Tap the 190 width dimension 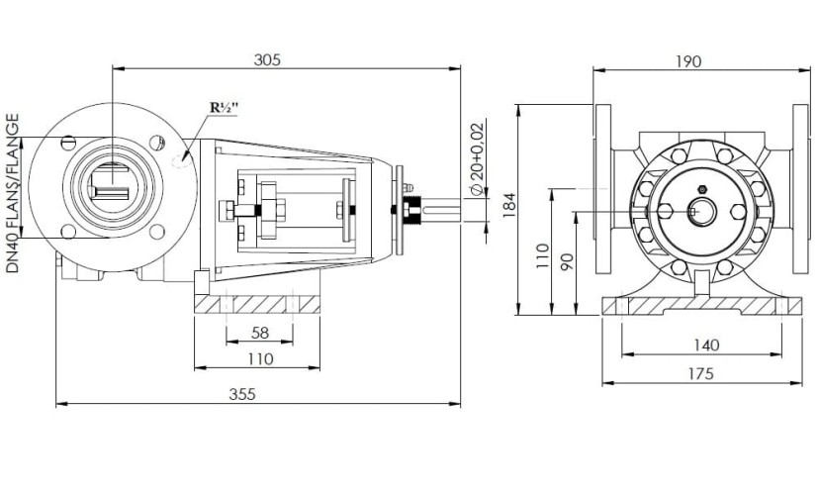[x=689, y=61]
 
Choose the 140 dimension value [x=705, y=345]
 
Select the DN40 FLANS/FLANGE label [x=13, y=194]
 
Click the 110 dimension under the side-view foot [x=259, y=358]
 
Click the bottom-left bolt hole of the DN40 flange [x=67, y=232]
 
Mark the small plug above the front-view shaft [x=700, y=189]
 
